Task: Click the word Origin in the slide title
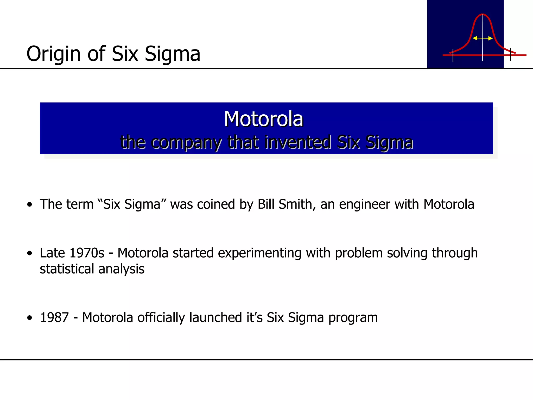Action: click(54, 54)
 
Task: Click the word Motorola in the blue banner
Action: click(264, 119)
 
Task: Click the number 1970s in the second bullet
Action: click(87, 253)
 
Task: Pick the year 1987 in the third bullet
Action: click(54, 317)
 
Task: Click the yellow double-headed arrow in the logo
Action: click(482, 38)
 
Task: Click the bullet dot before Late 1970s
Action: click(30, 253)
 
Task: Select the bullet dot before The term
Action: click(30, 204)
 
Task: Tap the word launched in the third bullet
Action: click(216, 317)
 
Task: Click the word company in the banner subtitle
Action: click(186, 143)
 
